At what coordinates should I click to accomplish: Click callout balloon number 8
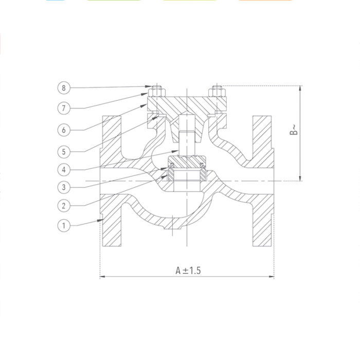click(x=63, y=88)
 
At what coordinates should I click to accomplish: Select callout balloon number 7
click(x=63, y=108)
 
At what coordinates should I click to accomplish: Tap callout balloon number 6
click(x=63, y=130)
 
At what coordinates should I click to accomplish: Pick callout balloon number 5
click(x=63, y=152)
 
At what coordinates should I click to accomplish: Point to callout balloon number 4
click(x=63, y=169)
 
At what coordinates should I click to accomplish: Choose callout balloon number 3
click(x=63, y=187)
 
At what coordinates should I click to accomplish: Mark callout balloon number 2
click(x=63, y=206)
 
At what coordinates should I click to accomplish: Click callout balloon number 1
click(x=63, y=225)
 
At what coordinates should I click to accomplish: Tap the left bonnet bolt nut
click(x=156, y=93)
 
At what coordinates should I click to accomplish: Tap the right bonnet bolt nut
click(x=218, y=93)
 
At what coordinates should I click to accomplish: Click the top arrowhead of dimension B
click(x=301, y=88)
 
